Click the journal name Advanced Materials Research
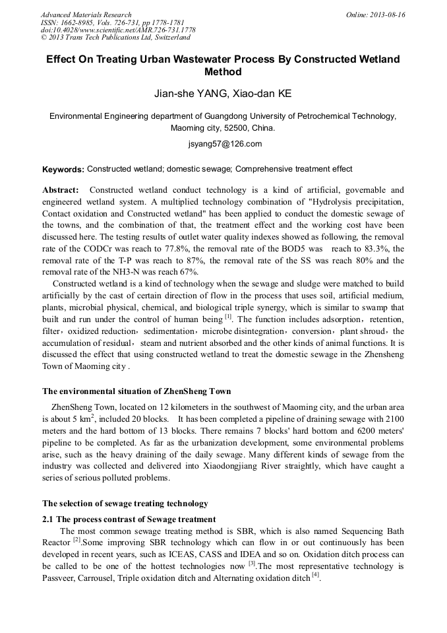point(86,15)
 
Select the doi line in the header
point(118,30)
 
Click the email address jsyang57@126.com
point(223,144)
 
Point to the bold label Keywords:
point(63,170)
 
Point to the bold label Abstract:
point(61,190)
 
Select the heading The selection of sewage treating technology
point(125,504)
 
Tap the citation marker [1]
point(228,317)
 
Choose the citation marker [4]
point(315,576)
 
